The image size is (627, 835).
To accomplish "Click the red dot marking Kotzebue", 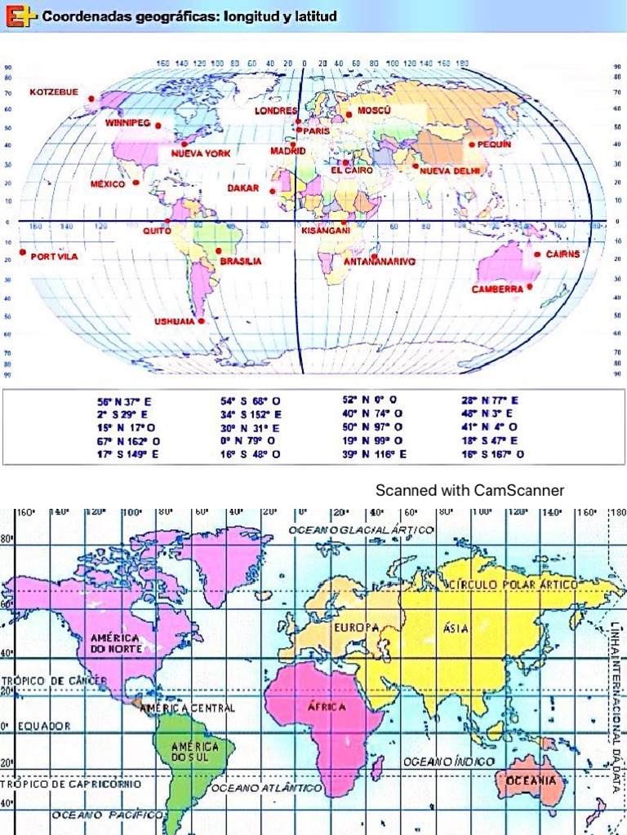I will tap(91, 99).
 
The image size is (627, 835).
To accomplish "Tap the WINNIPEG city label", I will tap(127, 123).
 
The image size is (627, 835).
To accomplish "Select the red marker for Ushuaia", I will tap(201, 320).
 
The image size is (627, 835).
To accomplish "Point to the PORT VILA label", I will tap(54, 257).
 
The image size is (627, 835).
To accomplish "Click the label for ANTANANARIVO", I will tap(380, 262).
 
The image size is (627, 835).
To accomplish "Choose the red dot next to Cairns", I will tap(537, 254).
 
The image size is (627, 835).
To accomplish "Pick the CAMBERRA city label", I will tap(497, 289).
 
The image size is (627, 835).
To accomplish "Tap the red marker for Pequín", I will tap(471, 144).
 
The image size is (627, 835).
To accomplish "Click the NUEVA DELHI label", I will tap(450, 171).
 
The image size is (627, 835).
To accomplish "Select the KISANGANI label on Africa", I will tap(326, 231).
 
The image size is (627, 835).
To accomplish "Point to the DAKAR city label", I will tap(242, 188).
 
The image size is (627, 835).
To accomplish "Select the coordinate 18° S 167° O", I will tap(493, 454).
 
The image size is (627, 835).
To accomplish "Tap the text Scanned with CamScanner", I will tap(469, 490).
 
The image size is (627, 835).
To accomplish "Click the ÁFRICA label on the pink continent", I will tap(327, 707).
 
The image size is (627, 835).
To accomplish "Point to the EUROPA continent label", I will tap(356, 628).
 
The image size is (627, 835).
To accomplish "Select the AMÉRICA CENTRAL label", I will tap(188, 708).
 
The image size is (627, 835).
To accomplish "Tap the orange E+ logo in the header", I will tap(20, 15).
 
